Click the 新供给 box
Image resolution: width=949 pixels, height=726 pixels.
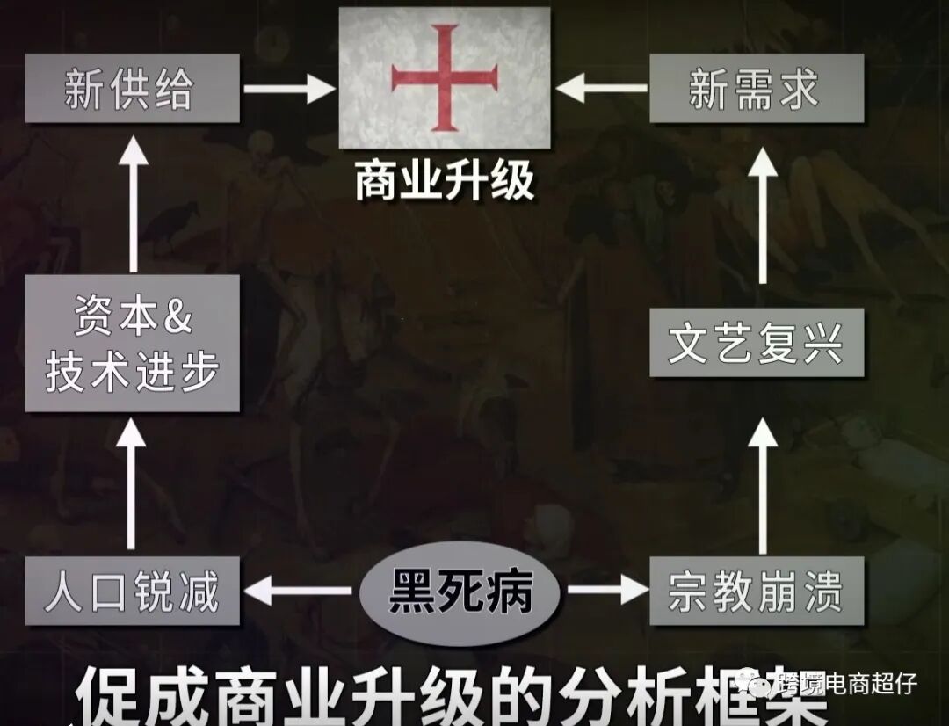(132, 89)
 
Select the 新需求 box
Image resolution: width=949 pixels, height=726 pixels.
(757, 89)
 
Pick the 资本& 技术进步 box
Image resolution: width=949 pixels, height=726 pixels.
(132, 343)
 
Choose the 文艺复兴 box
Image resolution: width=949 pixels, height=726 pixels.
(757, 343)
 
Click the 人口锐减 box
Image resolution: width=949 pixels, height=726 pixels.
(132, 591)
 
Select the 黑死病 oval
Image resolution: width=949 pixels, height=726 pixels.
(460, 592)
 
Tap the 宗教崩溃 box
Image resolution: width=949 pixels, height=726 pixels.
(757, 591)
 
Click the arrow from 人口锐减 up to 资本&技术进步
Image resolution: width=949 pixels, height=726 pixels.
(134, 483)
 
